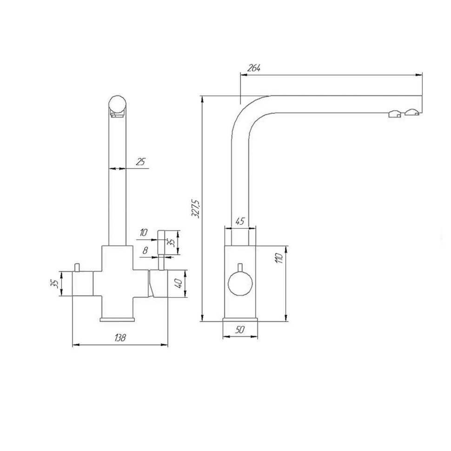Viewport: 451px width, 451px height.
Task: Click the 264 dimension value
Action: pyautogui.click(x=254, y=68)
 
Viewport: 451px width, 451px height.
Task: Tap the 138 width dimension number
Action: pyautogui.click(x=120, y=338)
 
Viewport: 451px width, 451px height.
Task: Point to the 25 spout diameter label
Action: pyautogui.click(x=140, y=162)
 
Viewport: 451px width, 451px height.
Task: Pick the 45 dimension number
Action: pyautogui.click(x=239, y=222)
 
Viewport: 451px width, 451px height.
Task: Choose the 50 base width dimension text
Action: pyautogui.click(x=240, y=330)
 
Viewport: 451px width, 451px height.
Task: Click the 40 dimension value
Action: pyautogui.click(x=178, y=283)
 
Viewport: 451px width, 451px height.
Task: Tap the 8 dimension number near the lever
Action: pyautogui.click(x=145, y=250)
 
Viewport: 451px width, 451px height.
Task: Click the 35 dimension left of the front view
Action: pyautogui.click(x=55, y=284)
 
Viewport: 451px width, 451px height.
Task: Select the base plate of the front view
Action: pyautogui.click(x=117, y=319)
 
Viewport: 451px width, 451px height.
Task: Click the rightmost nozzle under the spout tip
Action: pyautogui.click(x=412, y=112)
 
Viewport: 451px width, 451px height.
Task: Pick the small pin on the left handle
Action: pyautogui.click(x=77, y=266)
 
